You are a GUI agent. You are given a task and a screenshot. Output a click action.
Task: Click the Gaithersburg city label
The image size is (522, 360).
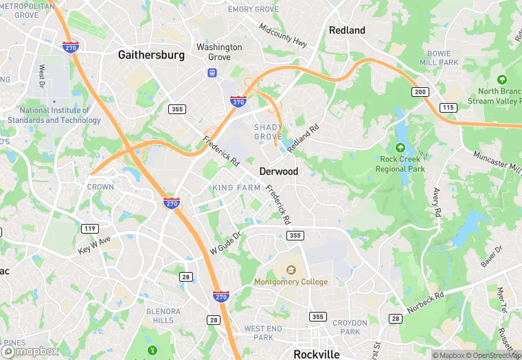pyautogui.click(x=151, y=55)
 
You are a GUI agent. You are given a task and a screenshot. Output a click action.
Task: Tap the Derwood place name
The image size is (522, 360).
pyautogui.click(x=278, y=171)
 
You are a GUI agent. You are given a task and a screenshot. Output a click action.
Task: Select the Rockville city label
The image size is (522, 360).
pyautogui.click(x=317, y=355)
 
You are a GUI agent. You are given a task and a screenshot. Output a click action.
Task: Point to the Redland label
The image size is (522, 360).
pyautogui.click(x=347, y=30)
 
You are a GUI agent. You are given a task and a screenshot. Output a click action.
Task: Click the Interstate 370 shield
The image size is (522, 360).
pyautogui.click(x=238, y=102)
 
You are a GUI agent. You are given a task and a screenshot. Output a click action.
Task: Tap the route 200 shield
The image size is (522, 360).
pyautogui.click(x=420, y=92)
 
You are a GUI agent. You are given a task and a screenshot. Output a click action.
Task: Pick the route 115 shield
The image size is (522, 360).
pyautogui.click(x=449, y=107)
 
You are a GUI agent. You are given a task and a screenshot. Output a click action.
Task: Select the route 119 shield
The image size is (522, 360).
pyautogui.click(x=89, y=229)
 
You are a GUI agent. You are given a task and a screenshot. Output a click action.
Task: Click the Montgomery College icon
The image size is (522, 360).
pyautogui.click(x=291, y=269)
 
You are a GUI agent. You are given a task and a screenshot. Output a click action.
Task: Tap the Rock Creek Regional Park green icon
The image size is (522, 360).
pyautogui.click(x=400, y=148)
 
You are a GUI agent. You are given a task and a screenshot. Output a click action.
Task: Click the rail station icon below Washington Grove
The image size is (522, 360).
pyautogui.click(x=212, y=72)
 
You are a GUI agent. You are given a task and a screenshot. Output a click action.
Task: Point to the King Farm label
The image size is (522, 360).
pyautogui.click(x=236, y=188)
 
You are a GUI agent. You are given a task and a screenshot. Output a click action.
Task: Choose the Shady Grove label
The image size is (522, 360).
pyautogui.click(x=268, y=131)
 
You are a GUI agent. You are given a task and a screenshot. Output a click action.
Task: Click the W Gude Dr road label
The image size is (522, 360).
pyautogui.click(x=225, y=245)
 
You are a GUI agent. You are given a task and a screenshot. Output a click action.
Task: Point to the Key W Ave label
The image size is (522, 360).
pyautogui.click(x=94, y=246)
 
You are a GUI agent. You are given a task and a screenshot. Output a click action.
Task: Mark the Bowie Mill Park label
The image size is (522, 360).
pyautogui.click(x=438, y=58)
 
